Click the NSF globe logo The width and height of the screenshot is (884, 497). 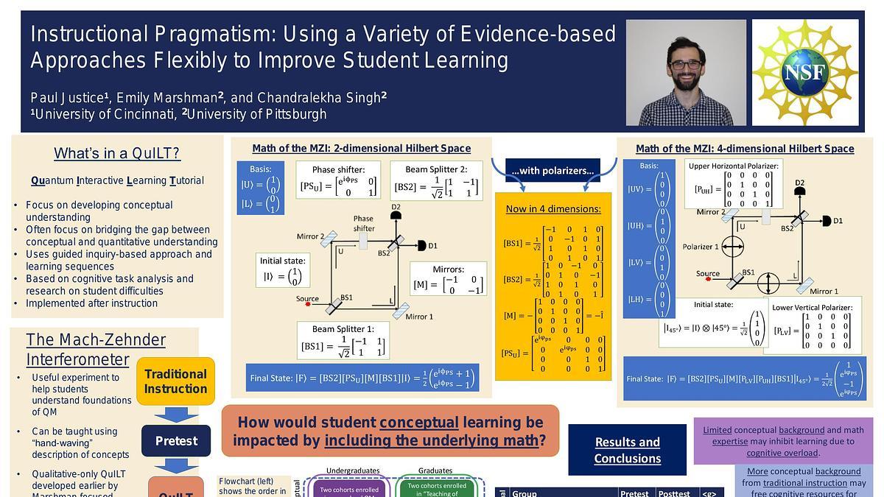pos(804,71)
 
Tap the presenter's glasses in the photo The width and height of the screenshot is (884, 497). pos(685,65)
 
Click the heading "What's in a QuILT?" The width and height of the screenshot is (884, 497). pos(117,153)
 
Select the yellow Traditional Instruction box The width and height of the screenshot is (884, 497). pos(175,381)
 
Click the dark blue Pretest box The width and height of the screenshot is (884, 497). pos(176,441)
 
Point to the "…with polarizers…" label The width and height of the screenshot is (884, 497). pos(552,171)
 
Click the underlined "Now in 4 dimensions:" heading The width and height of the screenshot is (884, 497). pos(552,208)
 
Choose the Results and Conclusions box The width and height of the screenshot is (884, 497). pos(628,450)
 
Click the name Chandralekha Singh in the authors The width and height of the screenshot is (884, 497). pos(320,97)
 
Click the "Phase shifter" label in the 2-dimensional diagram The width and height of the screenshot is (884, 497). pos(363,223)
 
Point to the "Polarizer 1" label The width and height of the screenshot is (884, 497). pos(701,247)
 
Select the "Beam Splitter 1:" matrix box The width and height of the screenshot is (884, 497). pos(343,341)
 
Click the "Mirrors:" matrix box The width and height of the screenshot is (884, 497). pos(448,279)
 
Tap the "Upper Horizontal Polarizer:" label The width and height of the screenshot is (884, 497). pos(733,166)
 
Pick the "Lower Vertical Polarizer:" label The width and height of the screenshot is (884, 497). pos(813,307)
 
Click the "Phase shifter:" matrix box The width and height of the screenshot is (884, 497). pos(338,180)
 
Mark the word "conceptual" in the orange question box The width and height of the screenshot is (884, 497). pos(418,423)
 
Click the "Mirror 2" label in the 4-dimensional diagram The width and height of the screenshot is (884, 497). pos(711,212)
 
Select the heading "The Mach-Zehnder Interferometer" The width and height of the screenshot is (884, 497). pos(96,349)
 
